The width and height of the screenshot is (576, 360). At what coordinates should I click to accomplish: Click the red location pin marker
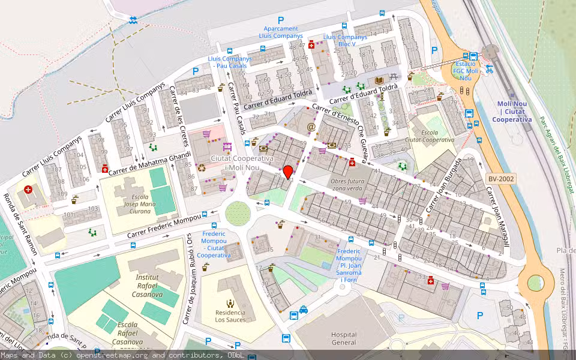(288, 172)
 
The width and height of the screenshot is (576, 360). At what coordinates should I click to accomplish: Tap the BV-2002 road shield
(500, 179)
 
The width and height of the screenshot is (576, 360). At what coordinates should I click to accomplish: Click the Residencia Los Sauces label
(230, 316)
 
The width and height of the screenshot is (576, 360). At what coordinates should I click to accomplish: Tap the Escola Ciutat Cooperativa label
(429, 136)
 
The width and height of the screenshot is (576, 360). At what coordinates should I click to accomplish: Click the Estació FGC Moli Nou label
(466, 70)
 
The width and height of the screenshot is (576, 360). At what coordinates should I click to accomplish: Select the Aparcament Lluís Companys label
(281, 32)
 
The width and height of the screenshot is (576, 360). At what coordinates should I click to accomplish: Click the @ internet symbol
(311, 127)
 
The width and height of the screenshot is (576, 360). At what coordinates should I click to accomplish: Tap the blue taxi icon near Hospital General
(304, 310)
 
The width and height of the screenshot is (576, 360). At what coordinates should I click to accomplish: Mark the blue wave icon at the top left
(133, 20)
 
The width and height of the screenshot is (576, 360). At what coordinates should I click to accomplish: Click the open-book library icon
(379, 80)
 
